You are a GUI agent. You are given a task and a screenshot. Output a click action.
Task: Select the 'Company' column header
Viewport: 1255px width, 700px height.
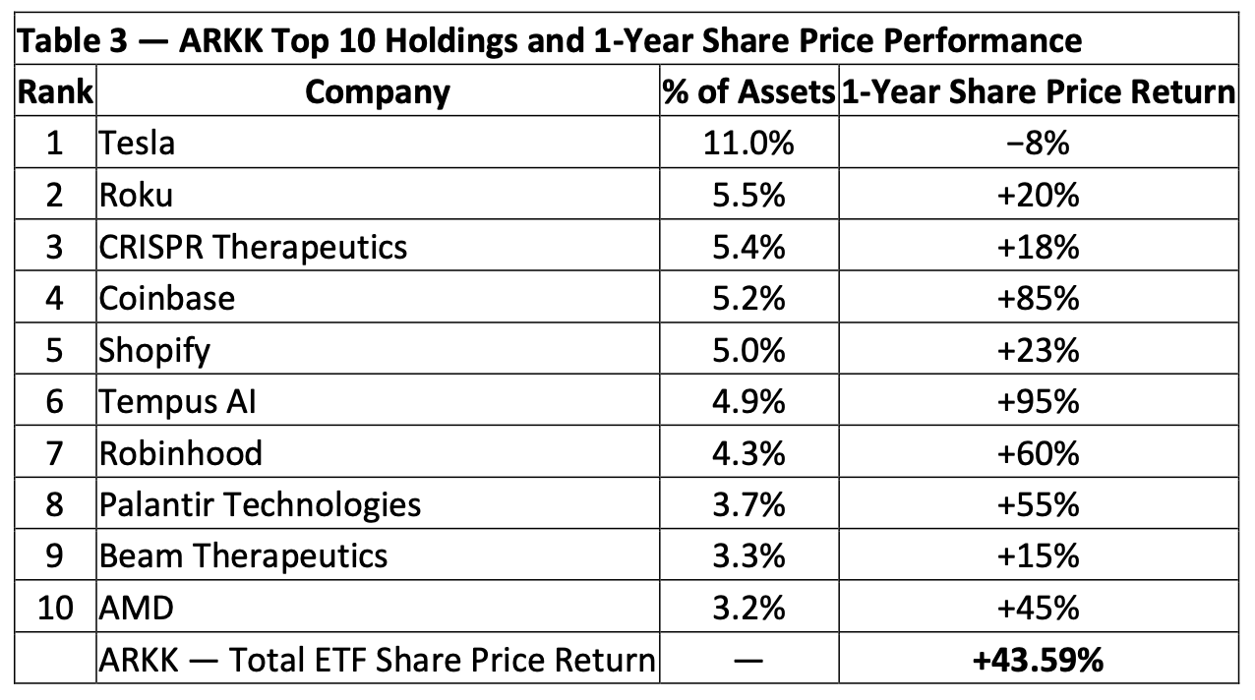pyautogui.click(x=377, y=91)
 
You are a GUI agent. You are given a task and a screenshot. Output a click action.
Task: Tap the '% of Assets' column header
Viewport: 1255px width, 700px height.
pyautogui.click(x=748, y=91)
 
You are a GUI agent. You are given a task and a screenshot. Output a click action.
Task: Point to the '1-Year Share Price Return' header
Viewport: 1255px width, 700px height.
pyautogui.click(x=1038, y=91)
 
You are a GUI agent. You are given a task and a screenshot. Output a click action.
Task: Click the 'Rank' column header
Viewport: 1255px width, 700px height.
pyautogui.click(x=55, y=91)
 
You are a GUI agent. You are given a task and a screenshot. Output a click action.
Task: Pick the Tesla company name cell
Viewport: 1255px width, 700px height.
pyautogui.click(x=137, y=143)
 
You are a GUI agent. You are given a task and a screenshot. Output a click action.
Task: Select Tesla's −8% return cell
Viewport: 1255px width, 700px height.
pyautogui.click(x=1038, y=143)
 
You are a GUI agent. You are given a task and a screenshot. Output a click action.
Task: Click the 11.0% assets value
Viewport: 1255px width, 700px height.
pyautogui.click(x=748, y=143)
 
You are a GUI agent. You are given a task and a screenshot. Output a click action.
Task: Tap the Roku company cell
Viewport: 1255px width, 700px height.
pyautogui.click(x=136, y=195)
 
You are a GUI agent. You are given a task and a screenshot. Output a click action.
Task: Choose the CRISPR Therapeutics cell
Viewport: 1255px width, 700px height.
pyautogui.click(x=253, y=246)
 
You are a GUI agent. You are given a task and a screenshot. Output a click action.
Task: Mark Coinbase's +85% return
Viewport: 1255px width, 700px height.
pyautogui.click(x=1038, y=297)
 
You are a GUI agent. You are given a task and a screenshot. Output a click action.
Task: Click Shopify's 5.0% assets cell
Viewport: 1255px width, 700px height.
pyautogui.click(x=748, y=349)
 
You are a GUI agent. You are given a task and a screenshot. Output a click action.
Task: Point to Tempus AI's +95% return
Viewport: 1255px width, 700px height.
pyautogui.click(x=1038, y=401)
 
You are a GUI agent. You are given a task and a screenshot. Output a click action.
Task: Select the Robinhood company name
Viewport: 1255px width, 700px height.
pyautogui.click(x=181, y=452)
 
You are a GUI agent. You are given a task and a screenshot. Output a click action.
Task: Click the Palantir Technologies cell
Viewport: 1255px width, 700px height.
pyautogui.click(x=260, y=504)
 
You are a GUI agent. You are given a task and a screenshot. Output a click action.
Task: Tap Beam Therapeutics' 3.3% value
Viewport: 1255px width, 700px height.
pyautogui.click(x=748, y=555)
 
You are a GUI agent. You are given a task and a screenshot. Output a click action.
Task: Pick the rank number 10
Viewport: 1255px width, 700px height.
pyautogui.click(x=55, y=608)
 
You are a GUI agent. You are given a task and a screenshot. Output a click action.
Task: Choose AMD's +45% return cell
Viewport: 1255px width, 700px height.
pyautogui.click(x=1038, y=608)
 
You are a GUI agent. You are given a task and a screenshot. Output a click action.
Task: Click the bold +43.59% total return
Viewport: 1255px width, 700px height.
pyautogui.click(x=1038, y=660)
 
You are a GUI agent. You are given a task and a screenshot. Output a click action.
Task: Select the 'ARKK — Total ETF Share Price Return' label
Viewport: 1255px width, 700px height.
pyautogui.click(x=377, y=660)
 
